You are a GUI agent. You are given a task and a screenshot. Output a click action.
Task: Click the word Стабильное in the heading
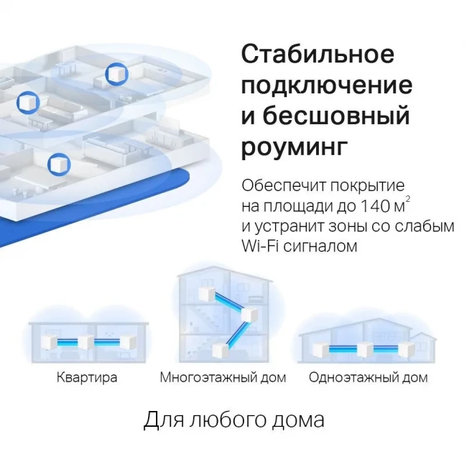click(x=318, y=54)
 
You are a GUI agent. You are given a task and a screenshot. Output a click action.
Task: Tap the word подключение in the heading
click(x=327, y=86)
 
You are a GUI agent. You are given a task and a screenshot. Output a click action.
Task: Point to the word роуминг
click(x=295, y=147)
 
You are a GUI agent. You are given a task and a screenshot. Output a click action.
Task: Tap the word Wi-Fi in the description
click(x=260, y=246)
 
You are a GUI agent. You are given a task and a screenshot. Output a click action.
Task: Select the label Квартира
click(x=87, y=377)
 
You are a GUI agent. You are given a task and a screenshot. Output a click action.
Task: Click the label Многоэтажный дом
click(x=223, y=377)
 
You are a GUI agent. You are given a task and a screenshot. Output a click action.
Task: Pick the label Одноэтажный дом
click(x=368, y=377)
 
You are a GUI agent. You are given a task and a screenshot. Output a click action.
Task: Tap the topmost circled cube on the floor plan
click(x=116, y=74)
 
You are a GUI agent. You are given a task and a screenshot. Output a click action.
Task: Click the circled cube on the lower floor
click(x=59, y=165)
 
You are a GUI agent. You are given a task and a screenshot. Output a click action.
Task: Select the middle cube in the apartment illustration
click(x=86, y=342)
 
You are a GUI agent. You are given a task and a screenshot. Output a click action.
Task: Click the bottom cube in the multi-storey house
click(x=220, y=351)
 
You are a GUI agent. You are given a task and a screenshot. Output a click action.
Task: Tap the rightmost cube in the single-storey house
click(x=407, y=349)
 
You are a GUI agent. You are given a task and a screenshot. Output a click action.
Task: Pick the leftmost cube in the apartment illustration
click(x=49, y=342)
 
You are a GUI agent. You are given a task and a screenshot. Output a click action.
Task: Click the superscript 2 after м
click(x=408, y=198)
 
